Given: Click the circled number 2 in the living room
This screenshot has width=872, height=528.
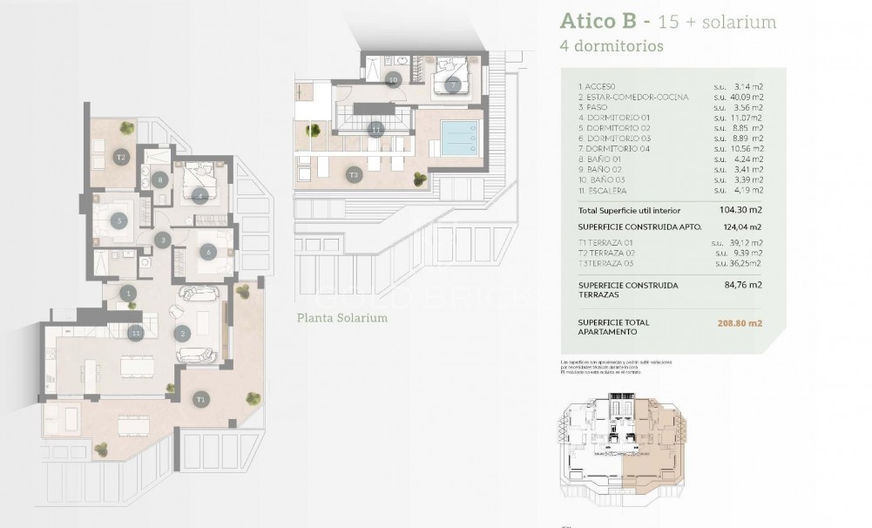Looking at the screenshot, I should [183, 333].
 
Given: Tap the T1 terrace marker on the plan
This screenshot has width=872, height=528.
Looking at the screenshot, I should [201, 399].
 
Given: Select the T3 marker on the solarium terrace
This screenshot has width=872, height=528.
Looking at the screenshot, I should [354, 174].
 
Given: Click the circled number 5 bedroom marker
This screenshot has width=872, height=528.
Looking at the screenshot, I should [121, 220].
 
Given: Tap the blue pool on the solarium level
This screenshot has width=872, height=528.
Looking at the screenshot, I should [459, 137].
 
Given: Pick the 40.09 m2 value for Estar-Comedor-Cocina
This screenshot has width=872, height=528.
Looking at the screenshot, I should [746, 97].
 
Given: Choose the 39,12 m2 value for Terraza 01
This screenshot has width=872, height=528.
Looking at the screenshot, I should [745, 243].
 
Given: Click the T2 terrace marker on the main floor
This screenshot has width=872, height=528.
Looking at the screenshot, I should [122, 158].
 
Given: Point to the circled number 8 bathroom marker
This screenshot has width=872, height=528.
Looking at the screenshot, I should [159, 180].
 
